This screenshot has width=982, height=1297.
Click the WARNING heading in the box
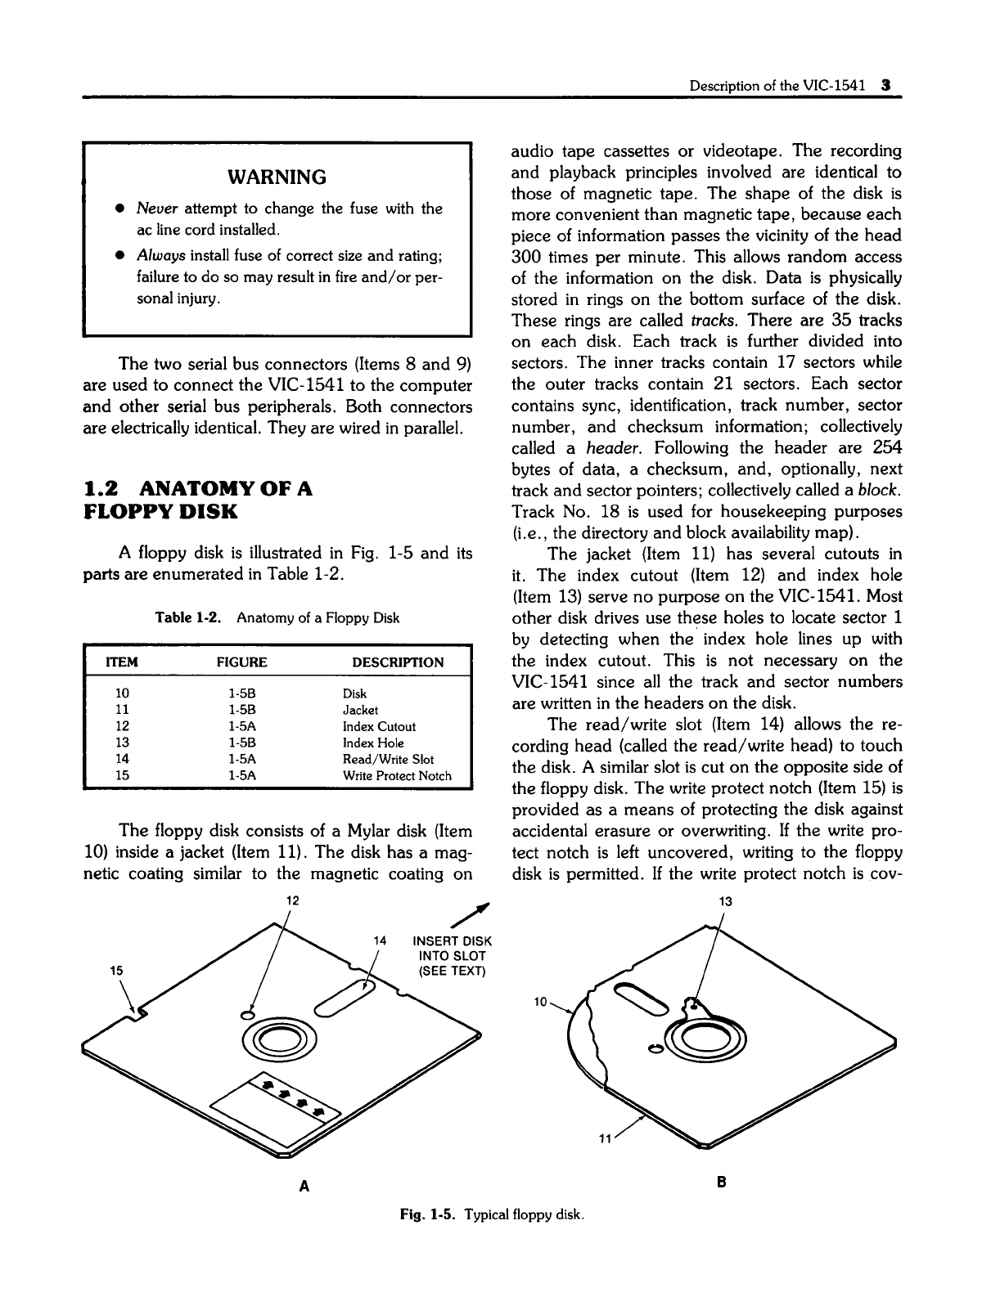click(276, 177)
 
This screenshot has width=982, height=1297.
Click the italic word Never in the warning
click(153, 209)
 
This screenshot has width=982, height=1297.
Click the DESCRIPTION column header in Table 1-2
click(397, 662)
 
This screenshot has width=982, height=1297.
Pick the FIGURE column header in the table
click(242, 662)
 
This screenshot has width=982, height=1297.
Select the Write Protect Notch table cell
click(397, 775)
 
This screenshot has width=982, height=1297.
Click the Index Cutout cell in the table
click(379, 726)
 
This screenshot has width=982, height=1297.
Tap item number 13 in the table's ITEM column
click(123, 743)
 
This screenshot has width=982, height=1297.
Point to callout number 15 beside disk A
click(117, 969)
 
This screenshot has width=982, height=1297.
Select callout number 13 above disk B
click(724, 901)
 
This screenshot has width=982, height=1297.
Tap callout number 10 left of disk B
click(540, 1001)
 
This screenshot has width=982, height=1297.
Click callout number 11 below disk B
click(605, 1138)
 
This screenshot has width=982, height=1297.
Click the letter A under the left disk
click(304, 1185)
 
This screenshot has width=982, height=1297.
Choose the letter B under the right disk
click(722, 1183)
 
